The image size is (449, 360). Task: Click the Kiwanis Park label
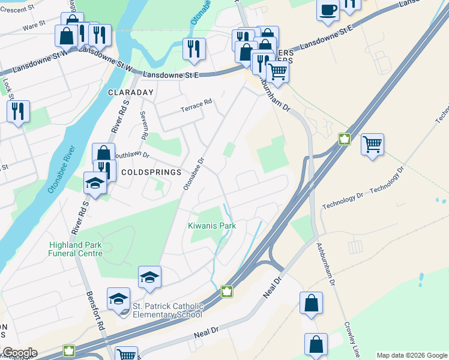[212, 226]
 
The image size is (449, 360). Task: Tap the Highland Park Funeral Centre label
[76, 249]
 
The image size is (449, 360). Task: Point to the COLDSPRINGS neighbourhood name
[151, 172]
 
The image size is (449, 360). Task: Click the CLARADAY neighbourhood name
[131, 93]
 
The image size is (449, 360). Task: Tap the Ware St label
[34, 26]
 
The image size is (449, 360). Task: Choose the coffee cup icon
[328, 11]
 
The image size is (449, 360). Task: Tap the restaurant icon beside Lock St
[18, 111]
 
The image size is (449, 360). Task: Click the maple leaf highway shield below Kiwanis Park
[228, 292]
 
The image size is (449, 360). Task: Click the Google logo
[20, 353]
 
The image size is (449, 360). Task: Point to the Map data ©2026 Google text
[412, 355]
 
